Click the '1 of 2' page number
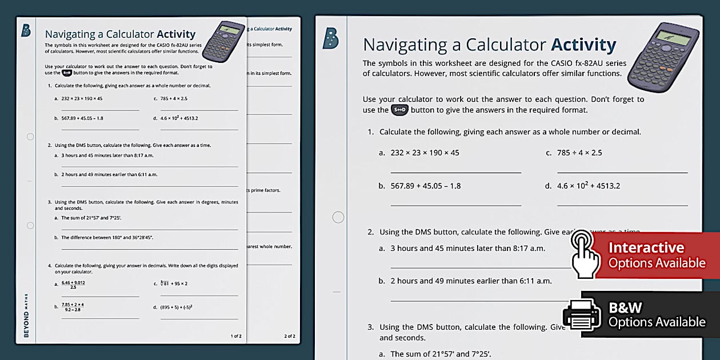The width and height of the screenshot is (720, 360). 235,336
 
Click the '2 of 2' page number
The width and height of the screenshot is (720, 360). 290,336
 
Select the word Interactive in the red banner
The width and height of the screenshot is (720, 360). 646,247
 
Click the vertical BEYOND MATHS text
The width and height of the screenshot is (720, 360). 26,315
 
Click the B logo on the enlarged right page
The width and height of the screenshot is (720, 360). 330,38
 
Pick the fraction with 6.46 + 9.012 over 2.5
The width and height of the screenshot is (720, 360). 73,284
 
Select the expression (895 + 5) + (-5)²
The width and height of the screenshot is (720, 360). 176,307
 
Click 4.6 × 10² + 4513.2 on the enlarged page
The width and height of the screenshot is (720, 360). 589,186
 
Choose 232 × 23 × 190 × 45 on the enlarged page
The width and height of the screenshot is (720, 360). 425,153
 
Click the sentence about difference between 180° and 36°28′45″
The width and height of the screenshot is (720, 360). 107,237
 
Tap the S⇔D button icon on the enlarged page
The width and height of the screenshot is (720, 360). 399,110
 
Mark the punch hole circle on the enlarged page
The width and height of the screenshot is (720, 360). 338,217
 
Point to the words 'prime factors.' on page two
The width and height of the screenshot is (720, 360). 265,190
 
